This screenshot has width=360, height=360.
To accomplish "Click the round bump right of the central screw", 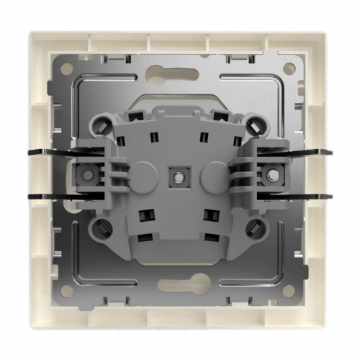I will (209, 174).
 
